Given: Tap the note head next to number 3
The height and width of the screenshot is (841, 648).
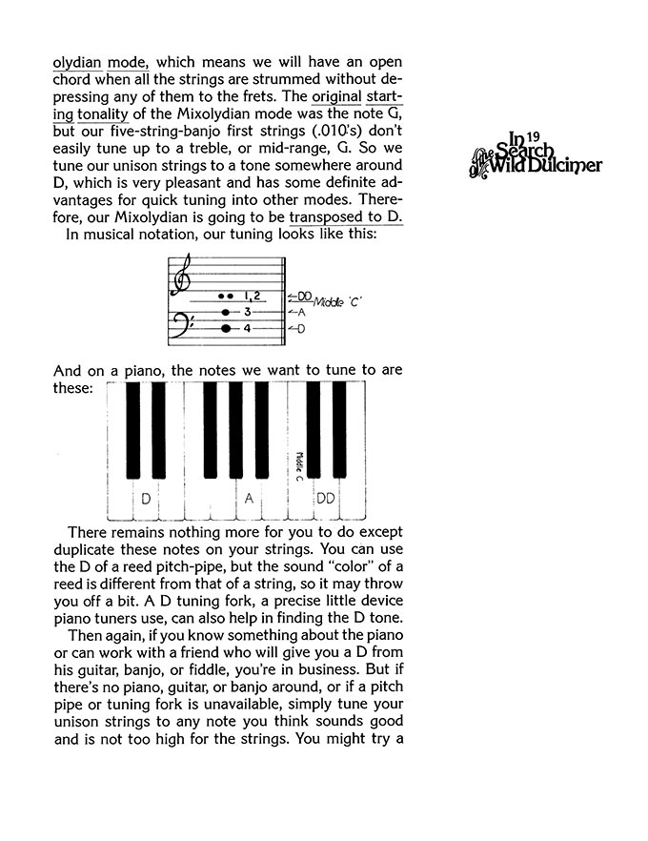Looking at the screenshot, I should click(x=226, y=312).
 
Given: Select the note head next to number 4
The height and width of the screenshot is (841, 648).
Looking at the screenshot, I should click(x=226, y=328).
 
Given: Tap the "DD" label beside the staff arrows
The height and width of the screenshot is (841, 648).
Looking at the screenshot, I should click(x=304, y=296).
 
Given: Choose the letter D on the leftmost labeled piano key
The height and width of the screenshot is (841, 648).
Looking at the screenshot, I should click(x=146, y=499).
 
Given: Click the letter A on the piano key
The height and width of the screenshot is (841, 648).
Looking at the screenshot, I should click(x=249, y=499).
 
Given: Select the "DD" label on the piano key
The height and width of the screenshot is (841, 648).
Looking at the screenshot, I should click(x=325, y=499).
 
